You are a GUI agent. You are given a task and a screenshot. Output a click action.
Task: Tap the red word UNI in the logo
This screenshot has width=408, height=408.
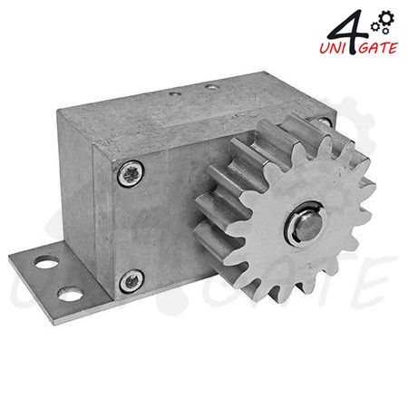click(334, 48)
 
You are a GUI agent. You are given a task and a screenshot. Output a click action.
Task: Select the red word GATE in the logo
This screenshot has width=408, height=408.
click(377, 48)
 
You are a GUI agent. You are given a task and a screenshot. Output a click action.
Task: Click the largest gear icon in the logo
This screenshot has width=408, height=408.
click(386, 18)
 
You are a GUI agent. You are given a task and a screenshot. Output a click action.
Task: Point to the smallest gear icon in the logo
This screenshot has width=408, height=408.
click(385, 31)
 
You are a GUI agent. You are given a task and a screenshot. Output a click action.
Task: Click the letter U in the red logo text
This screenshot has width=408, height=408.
click(325, 49)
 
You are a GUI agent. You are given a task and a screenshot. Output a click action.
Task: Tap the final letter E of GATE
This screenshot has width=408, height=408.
click(393, 48)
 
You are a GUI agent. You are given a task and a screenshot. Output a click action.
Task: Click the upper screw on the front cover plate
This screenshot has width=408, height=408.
click(131, 173)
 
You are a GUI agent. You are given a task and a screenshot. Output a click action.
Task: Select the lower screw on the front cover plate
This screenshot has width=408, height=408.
click(131, 281)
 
